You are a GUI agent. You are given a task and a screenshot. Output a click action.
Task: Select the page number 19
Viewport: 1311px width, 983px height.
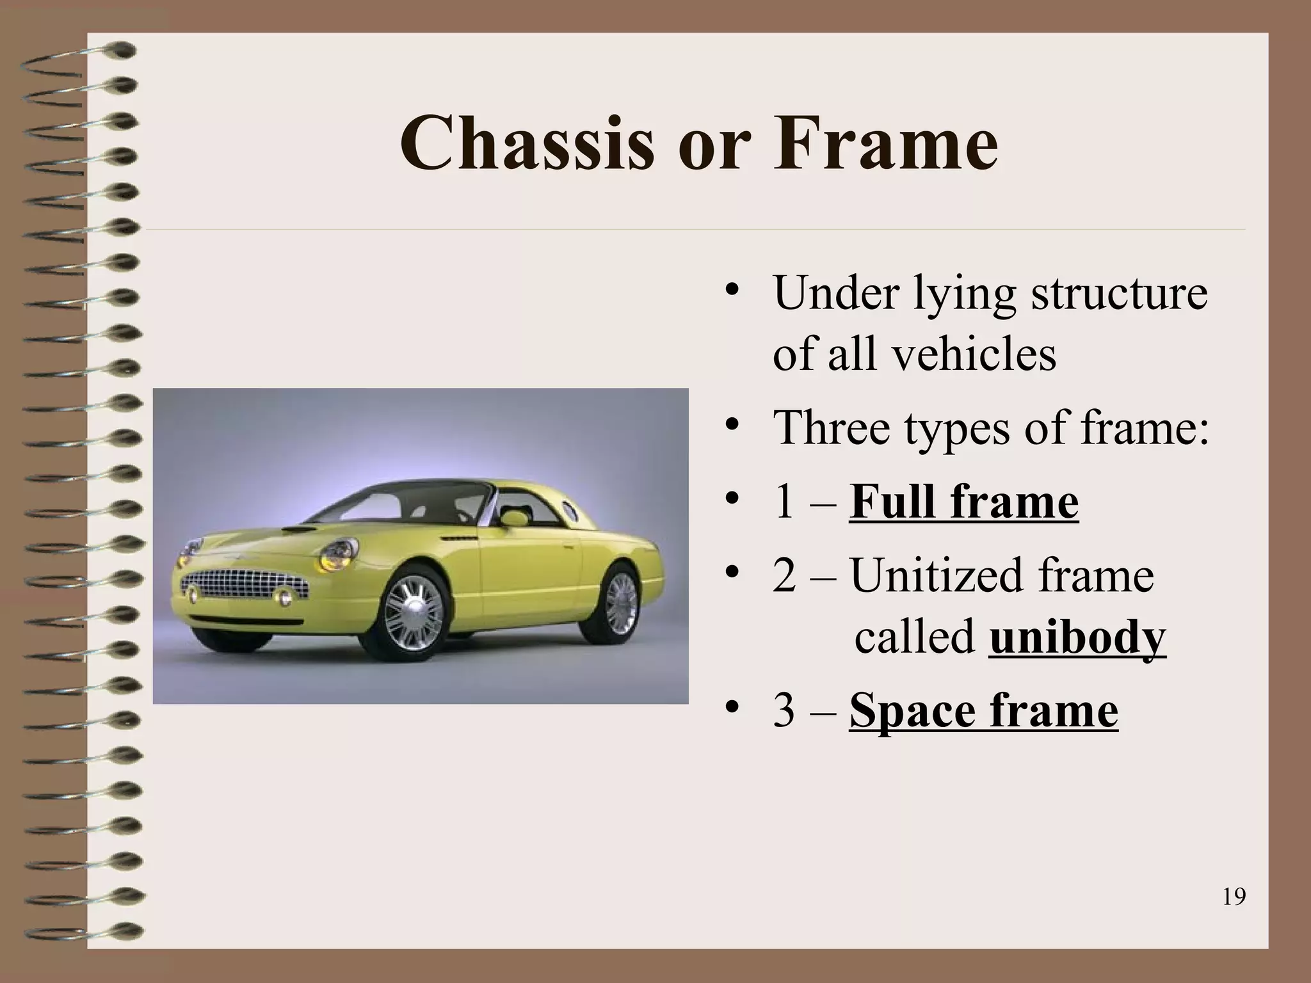pyautogui.click(x=1234, y=897)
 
